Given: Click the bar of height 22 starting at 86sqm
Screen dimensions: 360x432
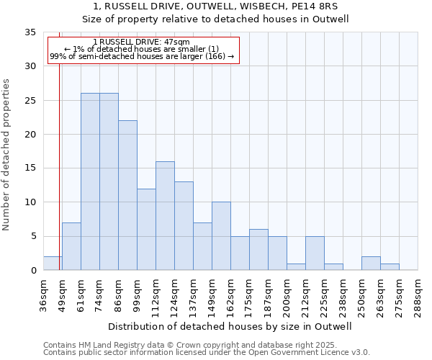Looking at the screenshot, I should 127,195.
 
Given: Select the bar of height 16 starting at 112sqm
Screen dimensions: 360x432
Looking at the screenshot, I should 165,216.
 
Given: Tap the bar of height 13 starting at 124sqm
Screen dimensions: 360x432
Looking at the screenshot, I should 184,226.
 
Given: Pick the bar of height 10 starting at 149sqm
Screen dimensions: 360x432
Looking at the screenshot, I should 221,236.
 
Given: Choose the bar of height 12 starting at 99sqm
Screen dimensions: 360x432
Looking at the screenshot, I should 146,230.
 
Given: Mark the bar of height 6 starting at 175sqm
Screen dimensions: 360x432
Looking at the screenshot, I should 258,250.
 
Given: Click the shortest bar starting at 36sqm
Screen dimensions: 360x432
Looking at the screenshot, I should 53,264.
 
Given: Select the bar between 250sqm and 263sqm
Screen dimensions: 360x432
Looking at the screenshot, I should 371,264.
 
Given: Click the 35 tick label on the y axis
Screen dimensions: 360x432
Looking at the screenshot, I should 30,32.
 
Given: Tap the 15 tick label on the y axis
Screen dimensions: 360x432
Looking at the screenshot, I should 30,168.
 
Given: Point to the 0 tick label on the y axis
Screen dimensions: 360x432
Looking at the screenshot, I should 33,271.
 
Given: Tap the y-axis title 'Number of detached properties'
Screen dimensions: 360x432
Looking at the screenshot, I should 6,155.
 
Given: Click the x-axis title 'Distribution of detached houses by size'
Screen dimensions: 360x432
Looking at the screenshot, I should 230,326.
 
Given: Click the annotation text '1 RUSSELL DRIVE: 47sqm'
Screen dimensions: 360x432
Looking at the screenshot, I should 142,42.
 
